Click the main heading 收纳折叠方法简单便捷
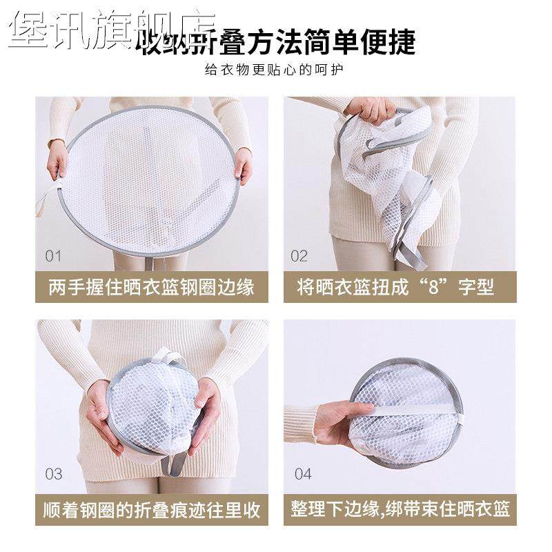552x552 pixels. [x=276, y=43]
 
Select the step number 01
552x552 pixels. [x=54, y=256]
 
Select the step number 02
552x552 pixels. [x=299, y=256]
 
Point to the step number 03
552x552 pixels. [x=54, y=474]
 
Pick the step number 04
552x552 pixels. [x=303, y=474]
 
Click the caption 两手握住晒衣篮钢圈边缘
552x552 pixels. [x=152, y=286]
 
